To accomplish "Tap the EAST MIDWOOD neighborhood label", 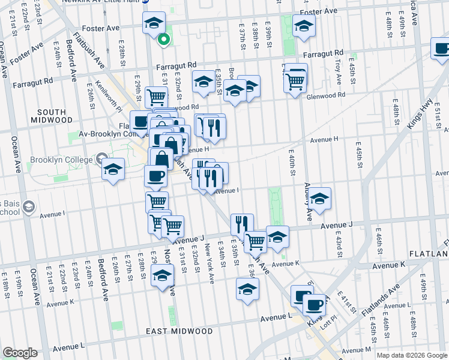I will pos(179,331).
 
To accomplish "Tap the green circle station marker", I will pos(163,40).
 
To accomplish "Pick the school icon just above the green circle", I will pos(154,23).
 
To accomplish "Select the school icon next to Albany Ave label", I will pos(320,199).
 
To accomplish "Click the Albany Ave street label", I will pos(307,202).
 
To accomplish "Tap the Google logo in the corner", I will pos(20,353).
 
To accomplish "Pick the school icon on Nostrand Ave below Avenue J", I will pos(162,276).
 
